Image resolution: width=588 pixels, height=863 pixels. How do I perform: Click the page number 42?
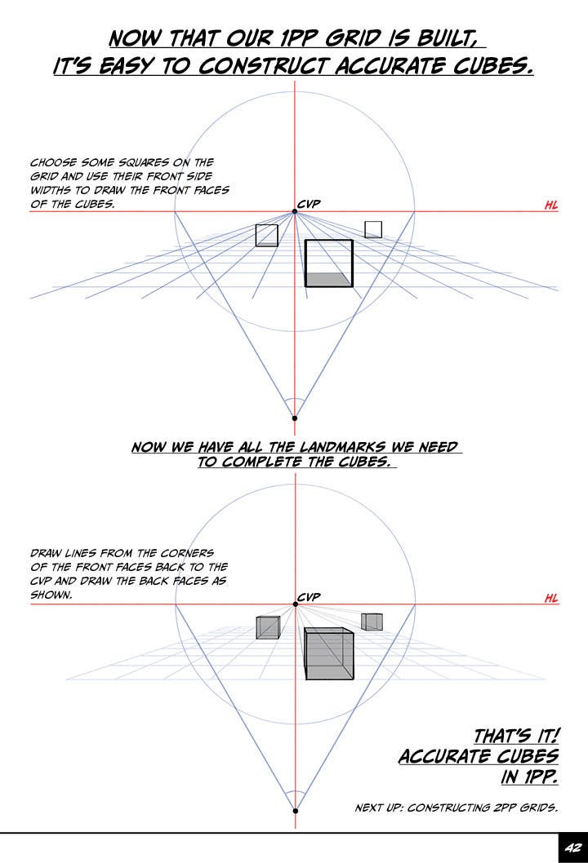571,848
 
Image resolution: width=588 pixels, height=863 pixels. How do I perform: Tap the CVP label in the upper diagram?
309,204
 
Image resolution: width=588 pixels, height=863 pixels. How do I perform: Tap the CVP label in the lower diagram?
309,597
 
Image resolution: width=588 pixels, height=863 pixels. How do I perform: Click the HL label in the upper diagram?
551,206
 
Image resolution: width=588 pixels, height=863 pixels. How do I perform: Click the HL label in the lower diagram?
551,599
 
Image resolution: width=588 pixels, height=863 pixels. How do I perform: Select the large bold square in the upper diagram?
328,263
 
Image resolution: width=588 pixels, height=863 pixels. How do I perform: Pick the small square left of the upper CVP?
267,235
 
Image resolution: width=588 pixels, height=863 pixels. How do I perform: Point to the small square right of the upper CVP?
373,229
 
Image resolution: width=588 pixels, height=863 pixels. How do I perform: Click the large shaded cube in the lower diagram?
328,653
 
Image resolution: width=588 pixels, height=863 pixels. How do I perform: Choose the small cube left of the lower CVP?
268,627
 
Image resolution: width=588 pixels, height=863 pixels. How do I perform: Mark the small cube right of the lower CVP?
372,622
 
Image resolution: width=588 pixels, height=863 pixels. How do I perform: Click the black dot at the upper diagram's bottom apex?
295,418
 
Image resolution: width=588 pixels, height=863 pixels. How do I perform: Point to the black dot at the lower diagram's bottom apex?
295,811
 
